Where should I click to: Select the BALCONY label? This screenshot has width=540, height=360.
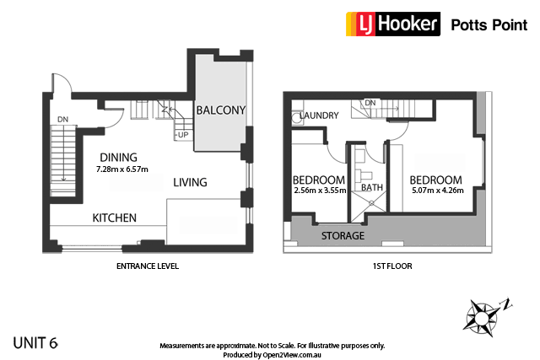[x=220, y=110]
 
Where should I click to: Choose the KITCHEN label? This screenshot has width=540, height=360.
[x=115, y=218]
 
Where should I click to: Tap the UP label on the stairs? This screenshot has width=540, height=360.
[x=181, y=135]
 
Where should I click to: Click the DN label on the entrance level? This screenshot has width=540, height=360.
[x=62, y=120]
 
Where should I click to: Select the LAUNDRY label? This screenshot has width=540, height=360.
[x=319, y=116]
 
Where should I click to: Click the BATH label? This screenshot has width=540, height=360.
[x=372, y=188]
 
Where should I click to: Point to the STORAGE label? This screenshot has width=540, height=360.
[x=343, y=235]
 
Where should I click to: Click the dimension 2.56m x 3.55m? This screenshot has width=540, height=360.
[x=318, y=192]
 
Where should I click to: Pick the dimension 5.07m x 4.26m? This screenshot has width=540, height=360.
[x=435, y=192]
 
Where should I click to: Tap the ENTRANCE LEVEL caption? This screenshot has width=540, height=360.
[x=147, y=266]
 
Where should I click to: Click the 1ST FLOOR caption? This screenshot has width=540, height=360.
[x=384, y=266]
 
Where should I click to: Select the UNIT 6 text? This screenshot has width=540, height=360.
[x=35, y=343]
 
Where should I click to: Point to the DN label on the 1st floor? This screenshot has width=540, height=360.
[x=370, y=104]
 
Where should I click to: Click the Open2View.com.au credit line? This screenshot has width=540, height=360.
[x=272, y=355]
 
